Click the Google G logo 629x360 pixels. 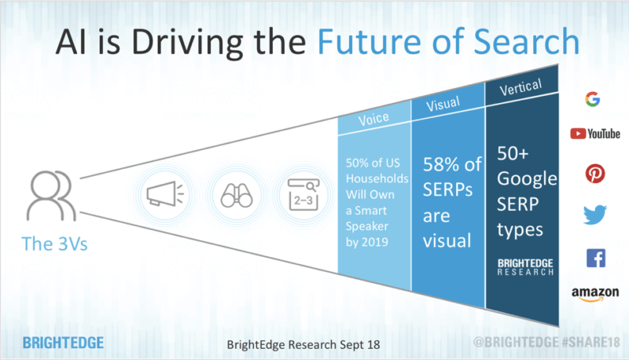[x=593, y=99]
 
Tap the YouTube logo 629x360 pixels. [x=595, y=134]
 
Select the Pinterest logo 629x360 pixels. [x=595, y=174]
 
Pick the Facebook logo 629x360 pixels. [x=595, y=257]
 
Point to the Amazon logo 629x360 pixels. [x=595, y=294]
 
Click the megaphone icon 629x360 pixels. [x=167, y=193]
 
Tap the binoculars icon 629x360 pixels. [x=235, y=193]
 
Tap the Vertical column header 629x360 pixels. [x=520, y=87]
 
